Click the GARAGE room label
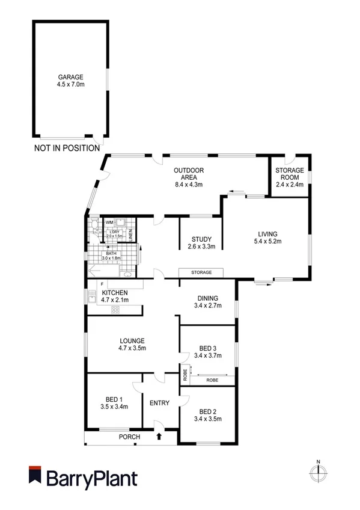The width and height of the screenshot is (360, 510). click(x=70, y=77)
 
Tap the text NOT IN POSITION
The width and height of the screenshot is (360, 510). click(x=67, y=148)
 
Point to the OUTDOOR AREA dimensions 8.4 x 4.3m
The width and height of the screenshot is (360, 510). click(x=188, y=185)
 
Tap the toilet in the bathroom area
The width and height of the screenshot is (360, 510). click(x=94, y=227)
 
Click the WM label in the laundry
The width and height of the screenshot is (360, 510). click(x=109, y=223)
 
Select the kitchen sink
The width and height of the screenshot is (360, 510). click(x=92, y=296)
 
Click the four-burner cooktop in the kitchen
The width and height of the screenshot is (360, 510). click(x=115, y=310)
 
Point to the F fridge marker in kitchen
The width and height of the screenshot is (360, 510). click(x=102, y=283)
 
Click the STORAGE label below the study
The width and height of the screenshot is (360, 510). click(x=201, y=272)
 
